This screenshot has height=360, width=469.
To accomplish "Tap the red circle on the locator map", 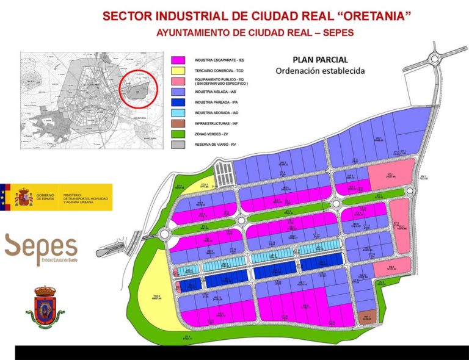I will (141, 90).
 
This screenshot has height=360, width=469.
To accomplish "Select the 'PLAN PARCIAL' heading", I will (320, 60).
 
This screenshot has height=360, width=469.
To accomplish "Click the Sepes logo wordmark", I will (42, 247).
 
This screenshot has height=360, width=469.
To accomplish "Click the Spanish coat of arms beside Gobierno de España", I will (24, 197).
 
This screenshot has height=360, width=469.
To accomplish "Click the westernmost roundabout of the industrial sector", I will (164, 234).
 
